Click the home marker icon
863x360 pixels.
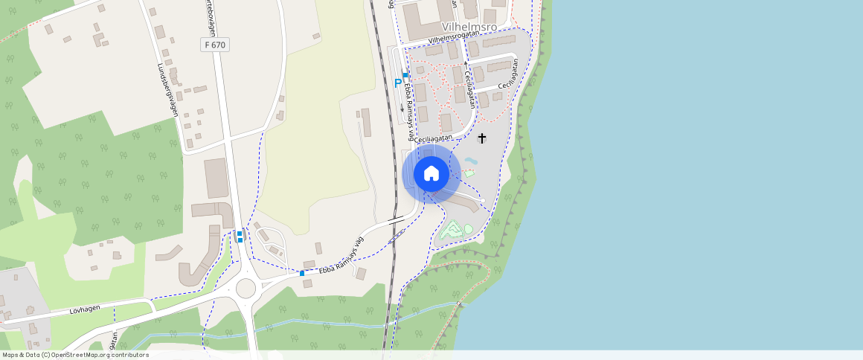[x=431, y=173]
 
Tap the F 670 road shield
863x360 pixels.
[x=215, y=45]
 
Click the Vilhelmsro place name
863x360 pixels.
[x=469, y=27]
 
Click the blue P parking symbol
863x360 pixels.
[x=398, y=83]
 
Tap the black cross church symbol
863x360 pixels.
[x=481, y=138]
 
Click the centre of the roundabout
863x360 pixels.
[x=246, y=288]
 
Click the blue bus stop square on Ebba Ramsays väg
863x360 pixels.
[x=302, y=273]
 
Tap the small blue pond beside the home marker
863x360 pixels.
[x=471, y=160]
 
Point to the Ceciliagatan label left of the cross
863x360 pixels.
[x=434, y=138]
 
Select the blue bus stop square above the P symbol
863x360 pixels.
[x=405, y=75]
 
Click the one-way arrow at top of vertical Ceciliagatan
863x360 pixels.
[x=466, y=64]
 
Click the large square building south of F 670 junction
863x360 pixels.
[x=216, y=178]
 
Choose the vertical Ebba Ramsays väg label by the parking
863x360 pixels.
[x=409, y=108]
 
